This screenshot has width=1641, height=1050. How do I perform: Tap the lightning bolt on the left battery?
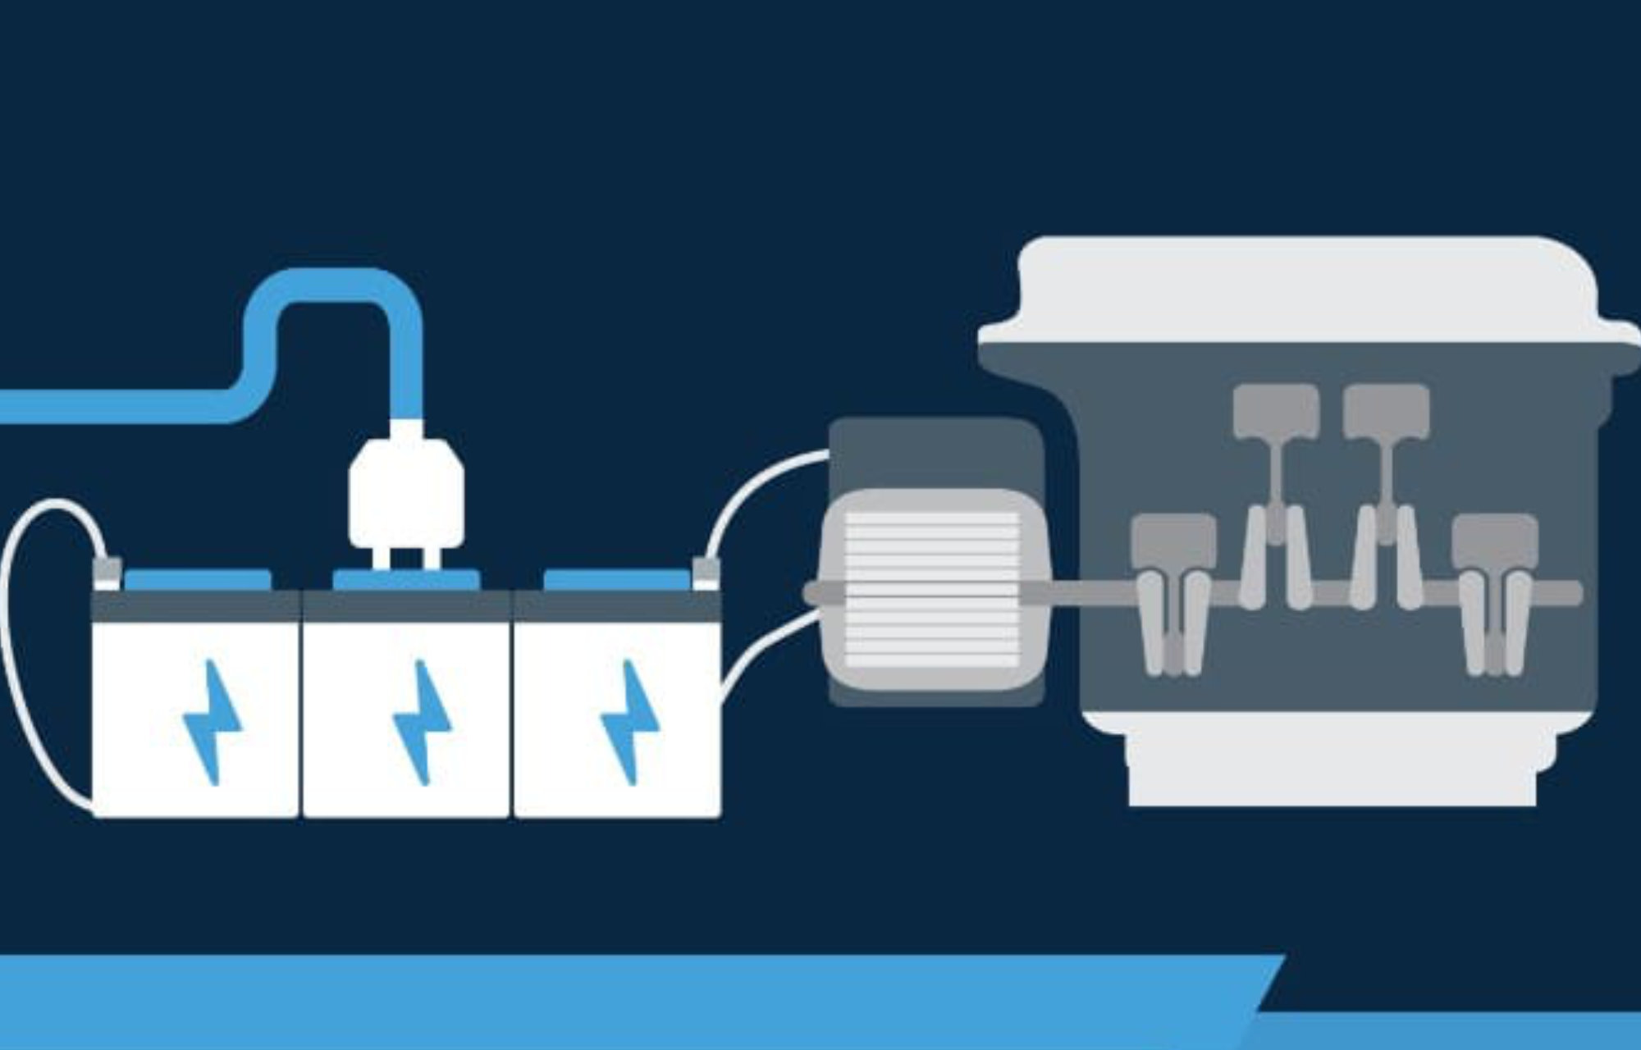(x=211, y=722)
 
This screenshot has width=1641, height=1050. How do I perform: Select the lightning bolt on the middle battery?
(x=421, y=722)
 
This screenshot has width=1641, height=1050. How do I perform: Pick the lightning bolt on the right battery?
(x=629, y=722)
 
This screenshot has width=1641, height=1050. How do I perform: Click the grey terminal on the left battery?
(x=108, y=572)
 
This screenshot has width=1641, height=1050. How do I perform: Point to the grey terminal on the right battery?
(x=705, y=572)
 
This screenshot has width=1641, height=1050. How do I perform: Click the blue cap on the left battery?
(x=198, y=580)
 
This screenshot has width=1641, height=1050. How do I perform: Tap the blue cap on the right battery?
(x=615, y=580)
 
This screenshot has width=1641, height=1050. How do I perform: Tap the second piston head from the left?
(x=1276, y=409)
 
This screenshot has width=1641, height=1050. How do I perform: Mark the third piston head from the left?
(x=1386, y=409)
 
